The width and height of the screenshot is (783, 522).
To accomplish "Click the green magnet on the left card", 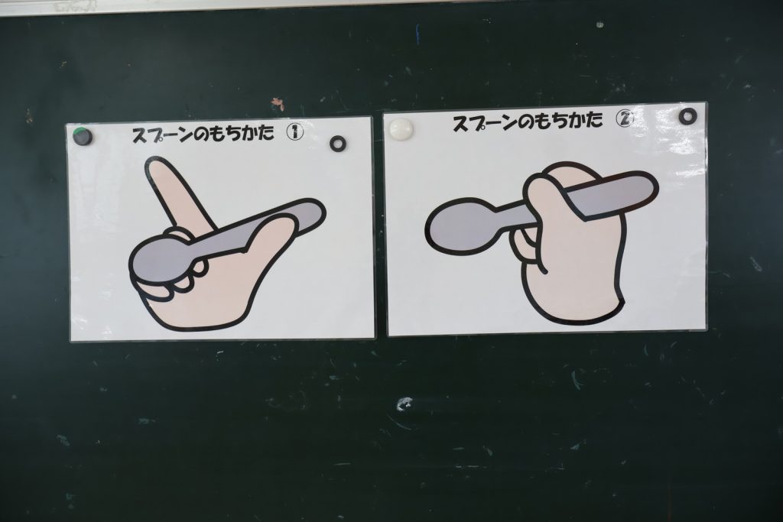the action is [x=83, y=136].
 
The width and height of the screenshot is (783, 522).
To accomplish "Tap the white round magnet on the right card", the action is [x=401, y=129].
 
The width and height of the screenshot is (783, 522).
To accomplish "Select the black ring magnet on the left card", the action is [x=338, y=143].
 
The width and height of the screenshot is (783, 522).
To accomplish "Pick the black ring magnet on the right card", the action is [x=687, y=116].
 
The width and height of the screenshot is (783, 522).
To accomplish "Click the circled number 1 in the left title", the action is [x=294, y=131].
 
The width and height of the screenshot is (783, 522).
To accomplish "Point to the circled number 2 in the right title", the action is [x=625, y=118].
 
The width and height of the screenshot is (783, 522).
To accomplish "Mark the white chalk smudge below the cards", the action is [x=405, y=404].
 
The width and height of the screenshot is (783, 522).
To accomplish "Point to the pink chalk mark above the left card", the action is [x=278, y=104].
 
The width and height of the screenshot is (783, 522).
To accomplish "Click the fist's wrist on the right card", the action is [x=573, y=304].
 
